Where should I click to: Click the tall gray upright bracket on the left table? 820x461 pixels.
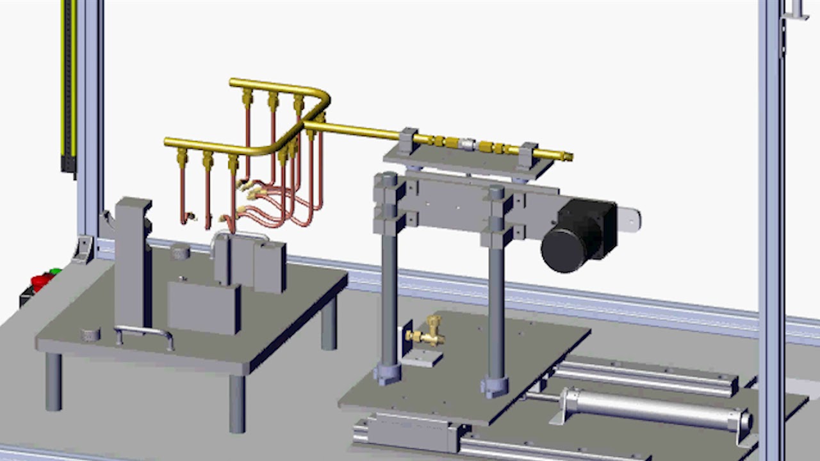point(133,263)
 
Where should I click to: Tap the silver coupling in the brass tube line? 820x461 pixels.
point(467,144)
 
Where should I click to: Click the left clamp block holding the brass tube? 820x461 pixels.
point(407,141)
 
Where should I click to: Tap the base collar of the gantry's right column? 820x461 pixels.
point(495,386)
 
